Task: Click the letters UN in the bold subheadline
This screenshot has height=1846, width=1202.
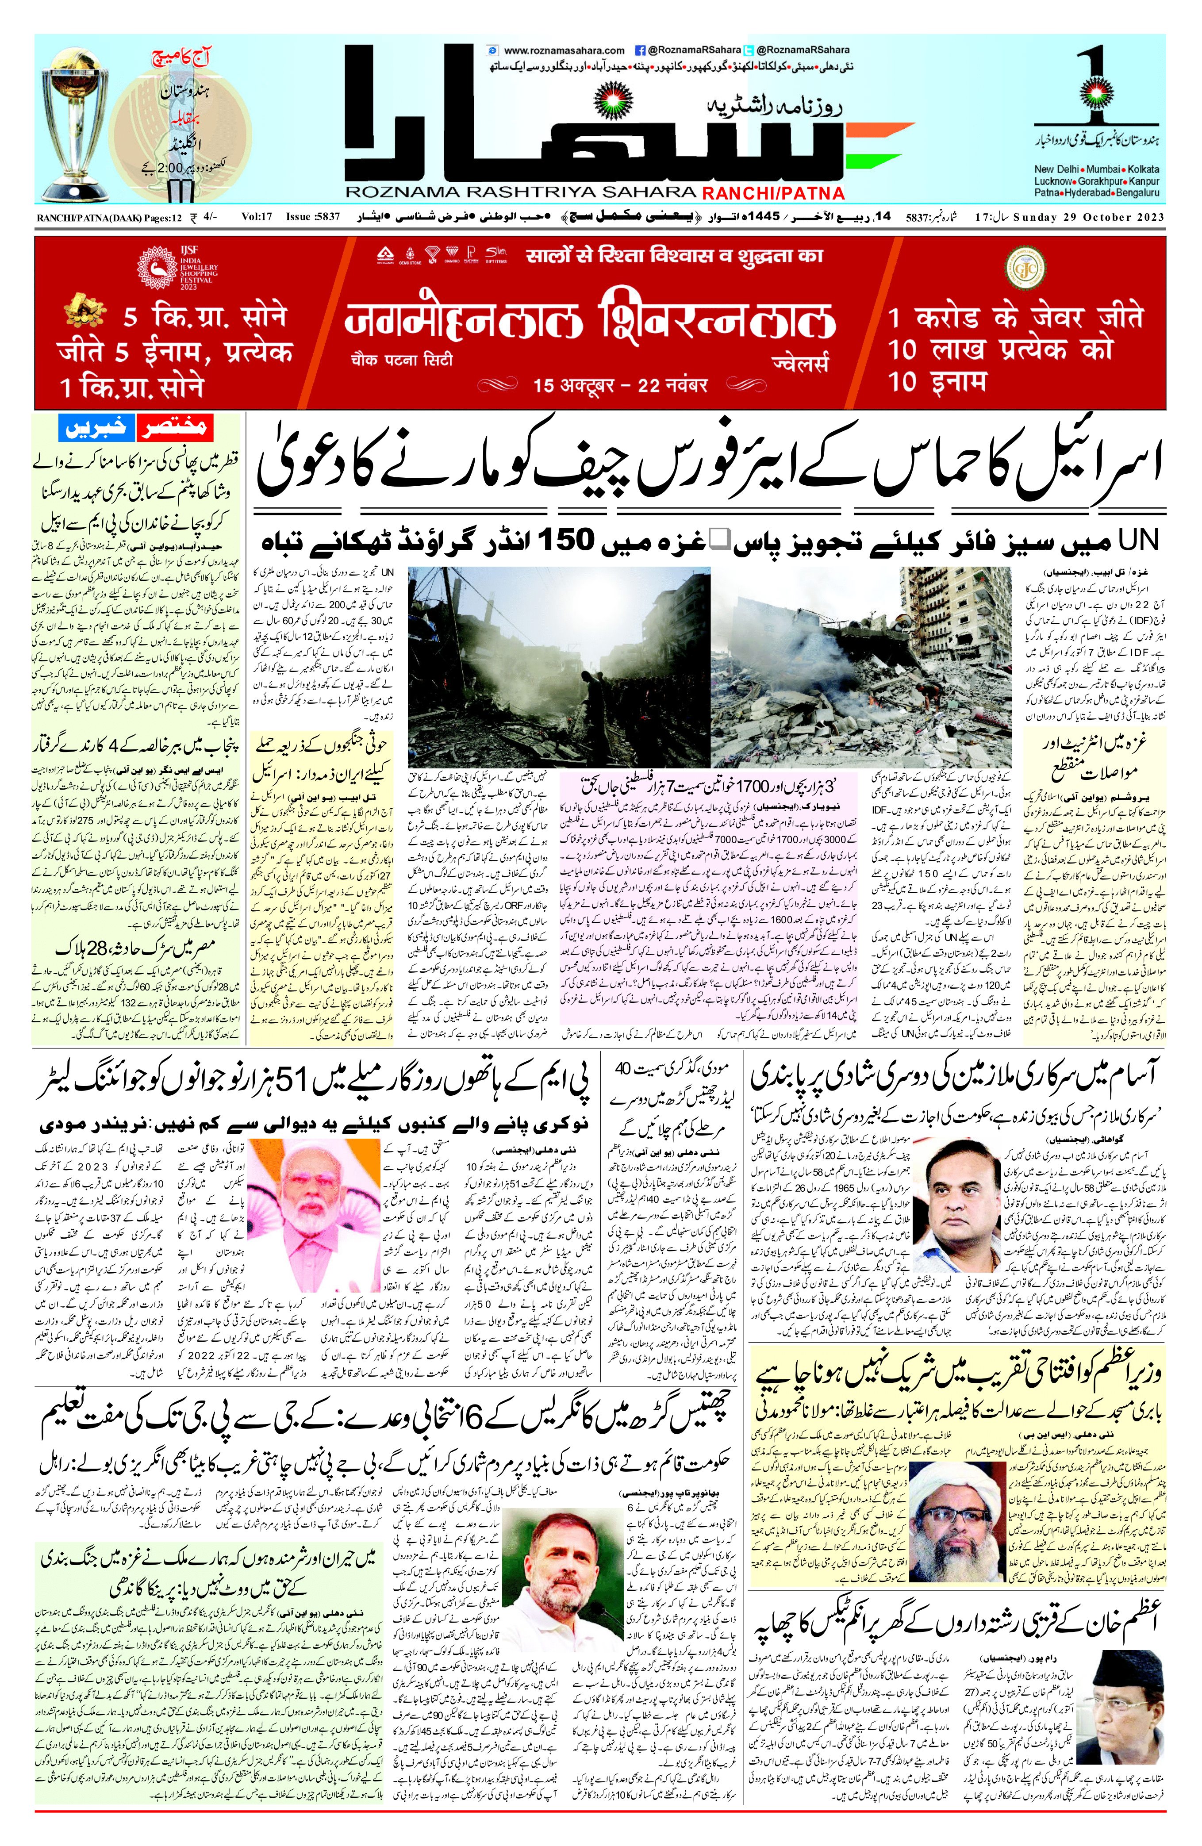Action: tap(1138, 539)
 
